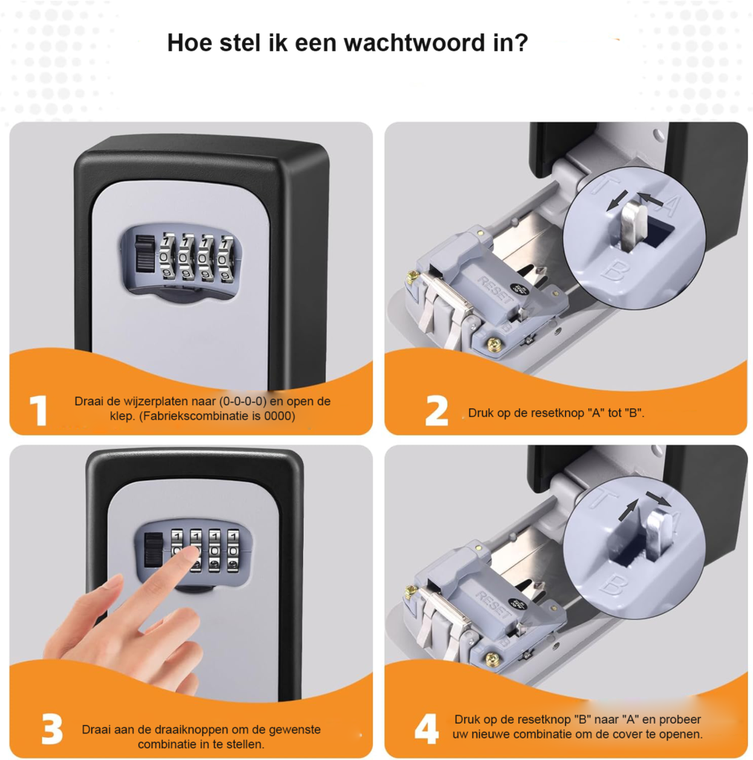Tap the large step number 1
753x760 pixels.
[39, 410]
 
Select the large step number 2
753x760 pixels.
[437, 411]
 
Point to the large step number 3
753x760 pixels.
[53, 729]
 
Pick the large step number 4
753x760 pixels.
[427, 729]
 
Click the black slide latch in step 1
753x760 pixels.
[145, 254]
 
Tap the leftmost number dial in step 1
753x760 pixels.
[167, 258]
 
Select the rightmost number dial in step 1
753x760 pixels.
[226, 259]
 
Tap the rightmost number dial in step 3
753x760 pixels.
[233, 551]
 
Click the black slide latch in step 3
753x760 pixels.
[153, 549]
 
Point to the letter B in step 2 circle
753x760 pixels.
[616, 271]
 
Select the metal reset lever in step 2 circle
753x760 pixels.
[631, 227]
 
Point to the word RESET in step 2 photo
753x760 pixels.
[495, 290]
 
